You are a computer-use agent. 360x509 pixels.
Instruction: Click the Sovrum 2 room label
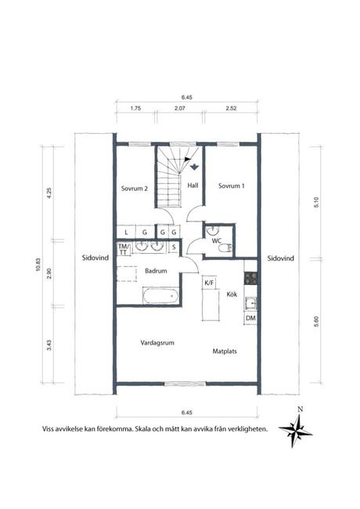pos(135,188)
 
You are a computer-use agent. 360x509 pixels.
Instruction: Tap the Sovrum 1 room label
pos(231,186)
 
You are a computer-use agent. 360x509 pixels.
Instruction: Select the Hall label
pos(193,186)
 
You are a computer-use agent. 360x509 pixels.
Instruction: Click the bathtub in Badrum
pos(160,296)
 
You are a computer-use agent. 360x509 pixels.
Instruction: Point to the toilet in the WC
pos(225,248)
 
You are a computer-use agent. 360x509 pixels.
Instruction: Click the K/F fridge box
pos(209,283)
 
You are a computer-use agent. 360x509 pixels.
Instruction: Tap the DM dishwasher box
pos(250,319)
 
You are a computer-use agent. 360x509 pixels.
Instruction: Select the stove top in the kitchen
pos(250,278)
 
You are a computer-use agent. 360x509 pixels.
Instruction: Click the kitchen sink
pos(250,304)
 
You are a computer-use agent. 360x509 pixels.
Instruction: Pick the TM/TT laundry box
pos(123,249)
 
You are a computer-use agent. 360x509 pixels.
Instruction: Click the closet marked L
pos(126,233)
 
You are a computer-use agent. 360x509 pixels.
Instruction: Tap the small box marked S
pos(174,247)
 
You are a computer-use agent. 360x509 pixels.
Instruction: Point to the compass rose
pos(296,431)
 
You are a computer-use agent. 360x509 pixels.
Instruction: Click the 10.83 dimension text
pos(38,265)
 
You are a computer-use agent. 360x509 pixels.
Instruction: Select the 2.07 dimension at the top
pos(180,108)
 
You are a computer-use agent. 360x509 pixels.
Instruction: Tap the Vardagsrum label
pos(157,342)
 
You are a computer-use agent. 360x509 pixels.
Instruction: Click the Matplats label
pos(225,352)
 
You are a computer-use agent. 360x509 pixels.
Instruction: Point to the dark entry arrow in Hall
pos(194,167)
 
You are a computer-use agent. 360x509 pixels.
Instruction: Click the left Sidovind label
pos(95,258)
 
